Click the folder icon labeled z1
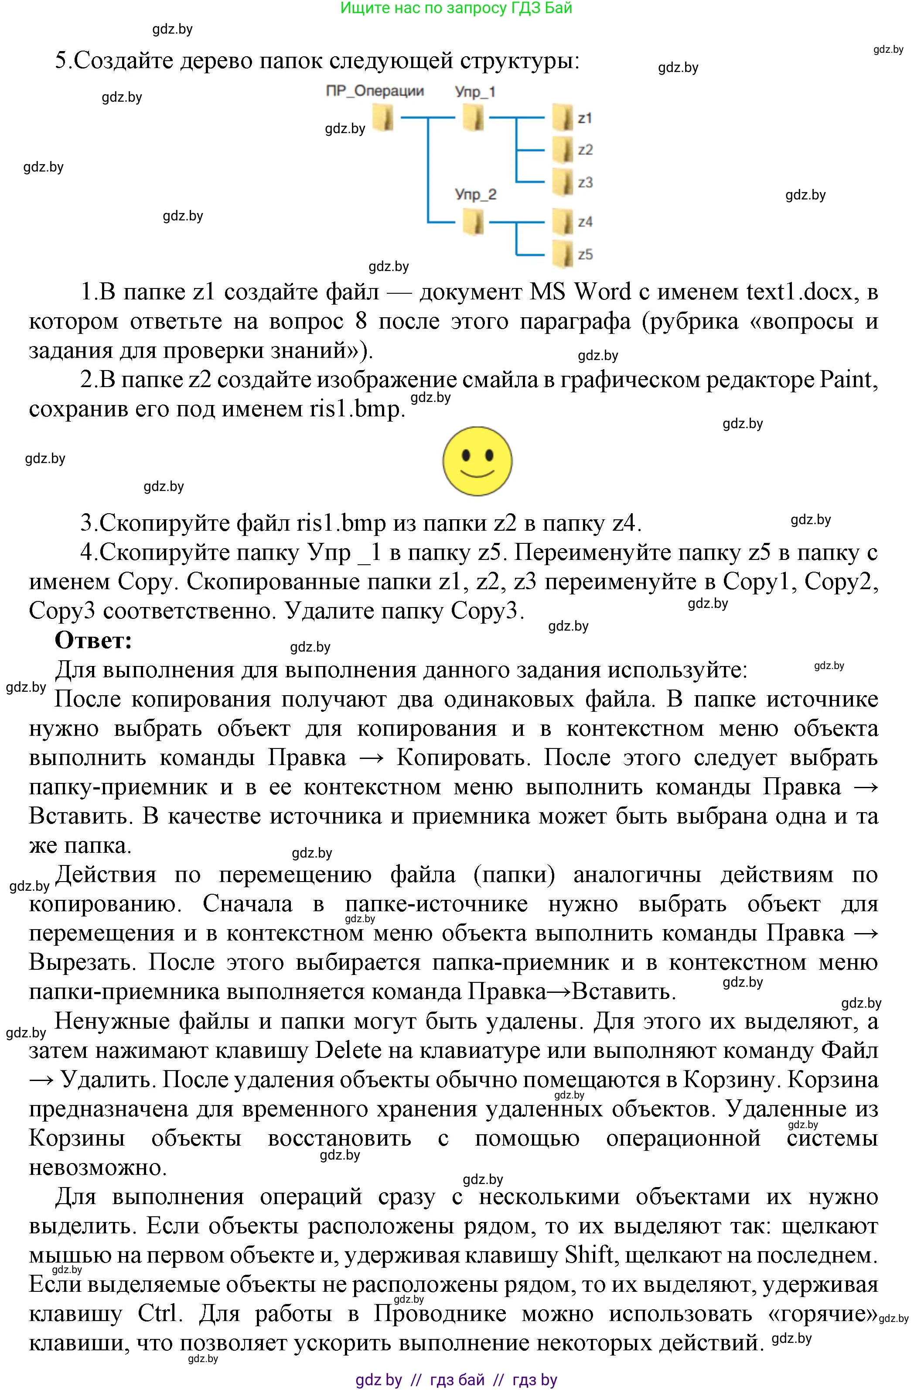point(563,117)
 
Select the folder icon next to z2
point(563,150)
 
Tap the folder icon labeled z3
point(563,182)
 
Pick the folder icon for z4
point(563,222)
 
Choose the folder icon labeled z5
point(563,254)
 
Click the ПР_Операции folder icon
point(383,117)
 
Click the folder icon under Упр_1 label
point(473,117)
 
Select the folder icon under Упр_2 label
point(473,222)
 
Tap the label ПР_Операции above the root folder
point(375,91)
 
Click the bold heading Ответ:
point(93,640)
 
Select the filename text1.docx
point(800,292)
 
